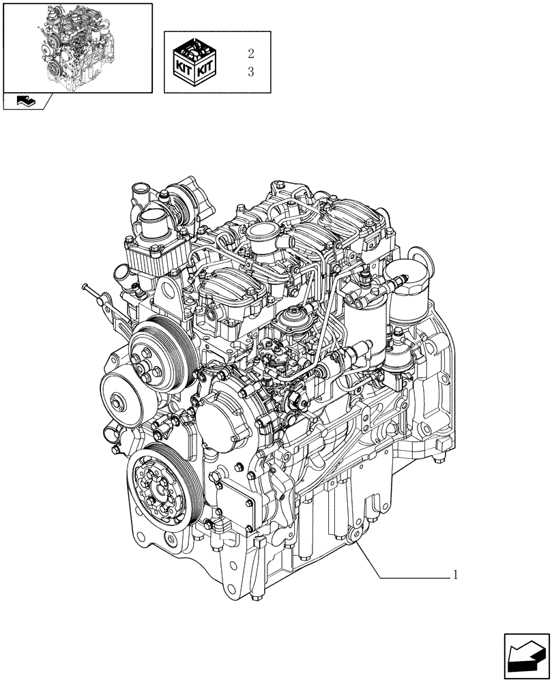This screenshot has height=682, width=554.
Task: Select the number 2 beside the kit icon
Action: (250, 54)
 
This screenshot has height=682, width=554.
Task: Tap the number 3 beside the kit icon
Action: (250, 72)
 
